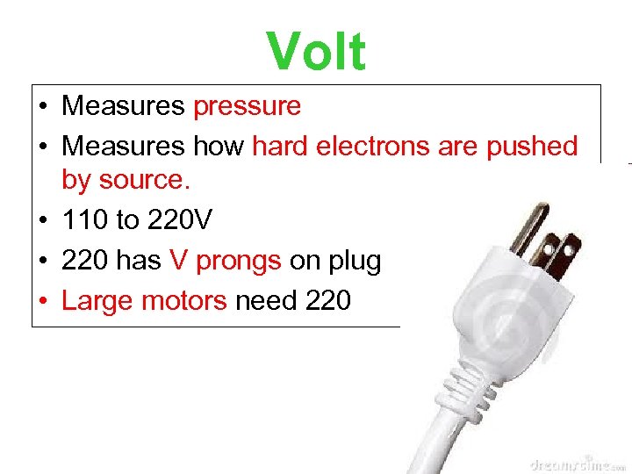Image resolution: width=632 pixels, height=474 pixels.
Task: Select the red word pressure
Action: point(247,106)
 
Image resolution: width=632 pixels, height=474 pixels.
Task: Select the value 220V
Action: point(180,219)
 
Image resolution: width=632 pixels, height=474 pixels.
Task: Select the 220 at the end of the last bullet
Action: point(328,301)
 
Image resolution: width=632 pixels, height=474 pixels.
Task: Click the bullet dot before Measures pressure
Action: point(43,107)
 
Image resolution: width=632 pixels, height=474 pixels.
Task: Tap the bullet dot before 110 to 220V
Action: point(43,220)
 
